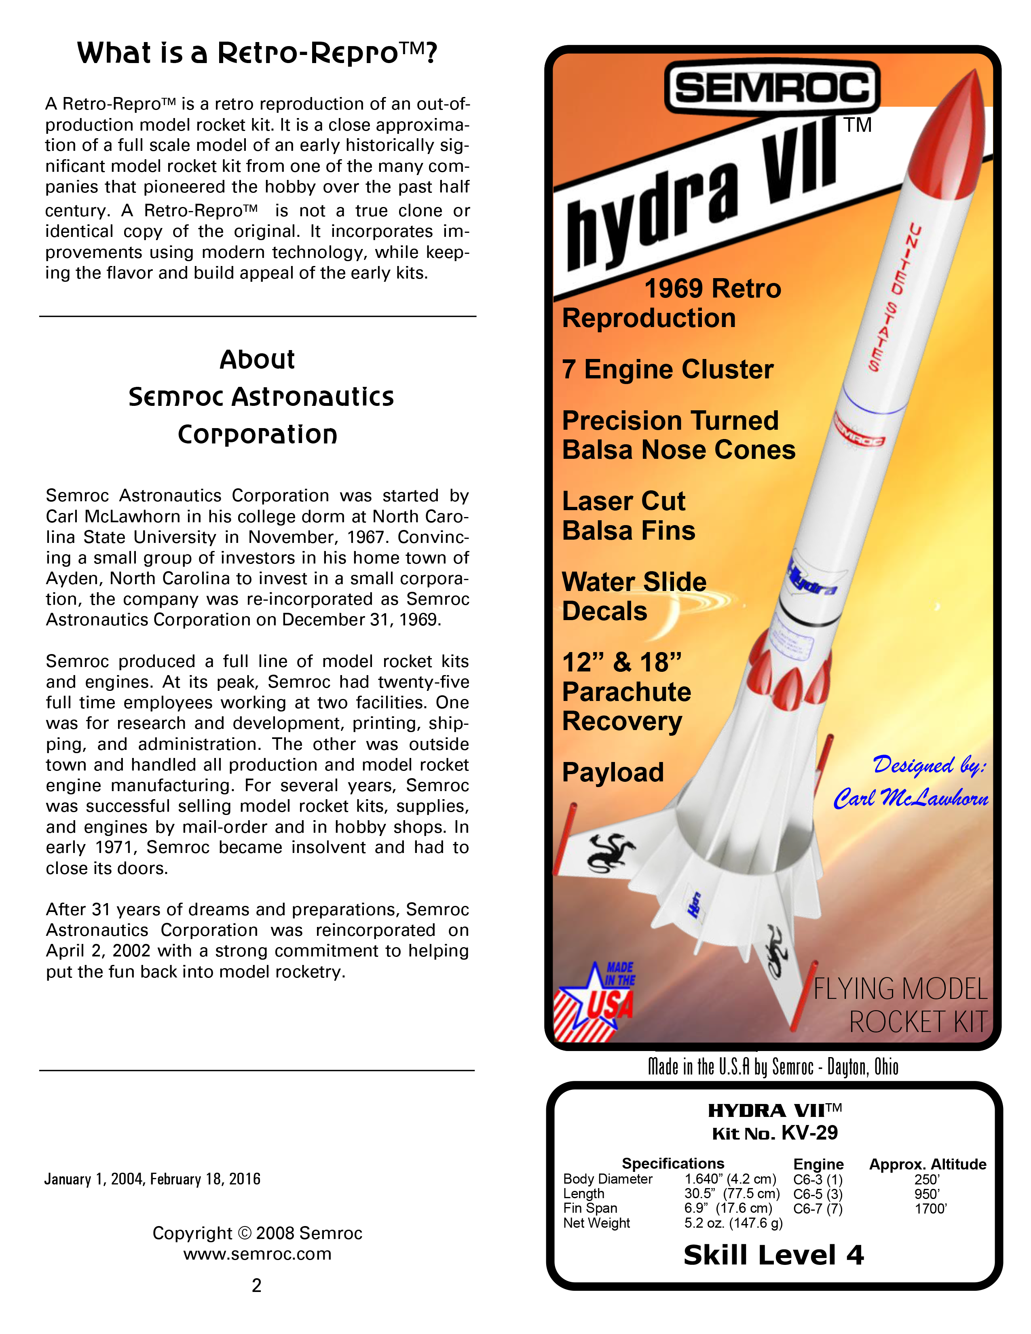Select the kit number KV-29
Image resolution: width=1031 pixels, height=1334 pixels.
pos(809,1133)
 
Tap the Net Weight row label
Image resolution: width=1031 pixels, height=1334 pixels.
pos(596,1223)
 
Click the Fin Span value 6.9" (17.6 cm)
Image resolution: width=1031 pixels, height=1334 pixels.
pos(728,1208)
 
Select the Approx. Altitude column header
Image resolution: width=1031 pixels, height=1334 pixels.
pos(927,1164)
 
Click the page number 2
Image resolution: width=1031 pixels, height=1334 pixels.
pos(256,1286)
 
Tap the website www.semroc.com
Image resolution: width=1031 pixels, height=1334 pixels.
pos(257,1254)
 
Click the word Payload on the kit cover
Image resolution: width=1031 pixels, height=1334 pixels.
pos(613,772)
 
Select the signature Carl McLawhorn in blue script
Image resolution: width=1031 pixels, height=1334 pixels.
pos(911,798)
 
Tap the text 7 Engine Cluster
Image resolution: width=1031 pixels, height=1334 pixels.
pos(668,369)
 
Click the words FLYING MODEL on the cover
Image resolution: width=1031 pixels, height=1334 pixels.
pos(900,989)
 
